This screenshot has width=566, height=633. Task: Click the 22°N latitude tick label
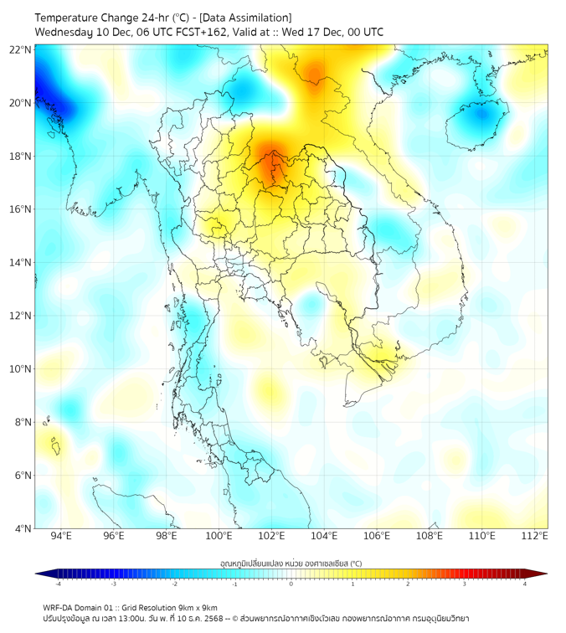[21, 50]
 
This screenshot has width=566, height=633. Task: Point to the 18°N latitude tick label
[21, 157]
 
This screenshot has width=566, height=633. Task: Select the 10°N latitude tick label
[21, 369]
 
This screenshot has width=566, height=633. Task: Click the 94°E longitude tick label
[61, 536]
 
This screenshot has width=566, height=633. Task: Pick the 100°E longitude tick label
[219, 536]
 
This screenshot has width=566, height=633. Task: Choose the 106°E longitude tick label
[377, 536]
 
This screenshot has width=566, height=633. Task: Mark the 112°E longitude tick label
[535, 536]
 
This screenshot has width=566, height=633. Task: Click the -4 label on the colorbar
[58, 584]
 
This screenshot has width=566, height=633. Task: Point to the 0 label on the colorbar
[291, 584]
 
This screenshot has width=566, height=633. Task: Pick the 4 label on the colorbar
[525, 584]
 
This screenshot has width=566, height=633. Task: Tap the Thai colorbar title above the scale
[291, 563]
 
